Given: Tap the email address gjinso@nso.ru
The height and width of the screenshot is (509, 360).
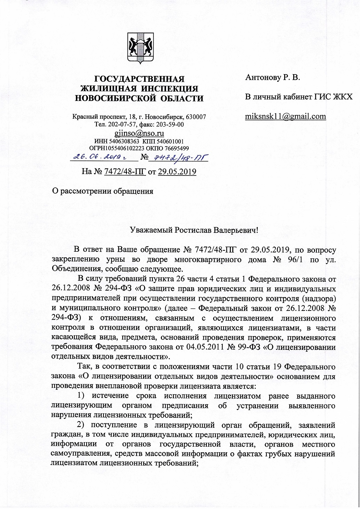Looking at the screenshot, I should coord(139,133).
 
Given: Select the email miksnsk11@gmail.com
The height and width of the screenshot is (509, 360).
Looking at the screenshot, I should coord(285,116).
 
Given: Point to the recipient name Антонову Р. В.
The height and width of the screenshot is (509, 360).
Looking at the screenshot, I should coord(273,77).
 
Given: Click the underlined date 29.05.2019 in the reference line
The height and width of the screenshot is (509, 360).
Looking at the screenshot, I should coord(177,172).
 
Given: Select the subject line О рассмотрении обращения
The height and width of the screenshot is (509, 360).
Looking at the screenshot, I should coord(102,191).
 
